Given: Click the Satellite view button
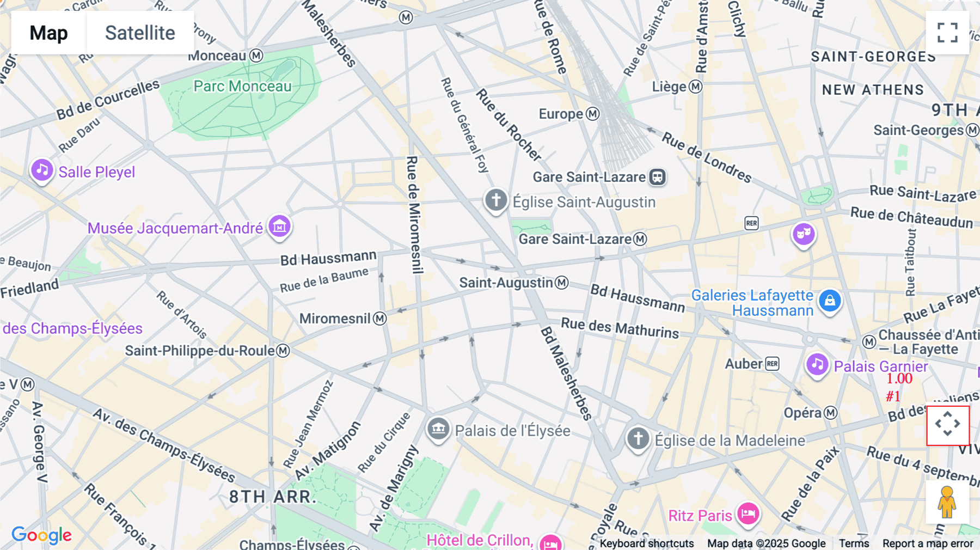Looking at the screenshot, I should click(140, 33).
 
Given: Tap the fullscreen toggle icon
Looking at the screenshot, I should click(947, 33).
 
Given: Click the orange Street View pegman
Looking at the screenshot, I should click(947, 502).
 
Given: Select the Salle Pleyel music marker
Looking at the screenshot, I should click(42, 170).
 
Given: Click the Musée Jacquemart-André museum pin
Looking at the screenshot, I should click(279, 225).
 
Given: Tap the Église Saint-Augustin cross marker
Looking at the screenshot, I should click(495, 200).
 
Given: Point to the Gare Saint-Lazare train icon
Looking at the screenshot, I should click(657, 177).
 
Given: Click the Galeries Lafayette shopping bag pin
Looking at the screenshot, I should click(829, 300).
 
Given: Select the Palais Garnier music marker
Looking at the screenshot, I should click(817, 364).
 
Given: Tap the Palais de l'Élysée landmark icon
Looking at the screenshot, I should click(438, 429).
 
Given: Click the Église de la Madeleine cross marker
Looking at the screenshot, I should click(638, 438).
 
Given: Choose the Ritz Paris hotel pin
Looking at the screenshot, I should click(748, 514).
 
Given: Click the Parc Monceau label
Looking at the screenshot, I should click(242, 86).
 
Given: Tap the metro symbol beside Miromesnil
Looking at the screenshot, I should click(380, 319).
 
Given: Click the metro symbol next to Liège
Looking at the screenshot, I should click(695, 87).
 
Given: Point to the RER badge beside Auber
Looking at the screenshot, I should click(772, 364).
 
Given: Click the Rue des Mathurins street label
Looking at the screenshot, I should click(620, 328).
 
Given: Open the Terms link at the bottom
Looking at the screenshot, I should click(854, 543).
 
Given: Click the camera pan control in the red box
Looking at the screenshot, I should click(947, 425).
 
